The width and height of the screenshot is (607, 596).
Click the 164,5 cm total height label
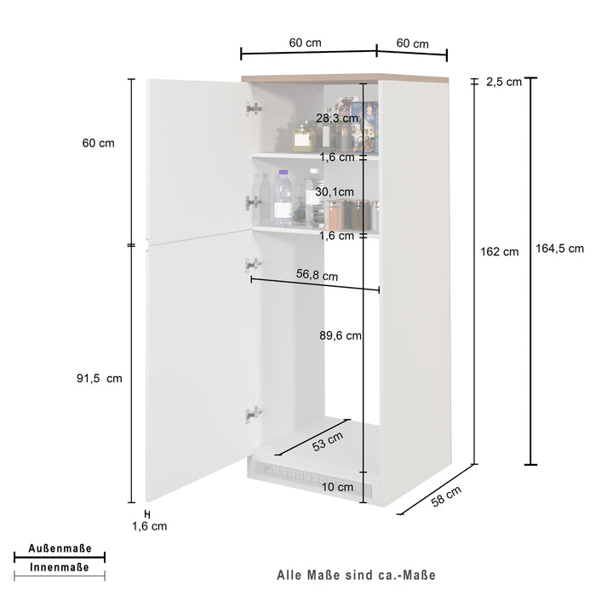pos(559,249)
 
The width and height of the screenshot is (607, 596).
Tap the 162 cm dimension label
pos(500,251)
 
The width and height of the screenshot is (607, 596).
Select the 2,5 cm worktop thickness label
pos(504,82)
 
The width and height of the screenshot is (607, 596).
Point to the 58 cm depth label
pos(446,495)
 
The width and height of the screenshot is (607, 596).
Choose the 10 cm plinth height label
pos(338,487)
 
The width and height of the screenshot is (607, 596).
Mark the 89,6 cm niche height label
pos(341,335)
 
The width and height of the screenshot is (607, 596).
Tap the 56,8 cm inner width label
pos(317,276)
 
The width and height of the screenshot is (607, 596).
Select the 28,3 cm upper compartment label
pos(337,118)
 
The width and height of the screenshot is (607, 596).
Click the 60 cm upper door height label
pos(98,143)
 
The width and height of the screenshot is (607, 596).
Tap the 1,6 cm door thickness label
pos(150,526)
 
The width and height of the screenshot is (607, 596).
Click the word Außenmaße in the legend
pos(60,549)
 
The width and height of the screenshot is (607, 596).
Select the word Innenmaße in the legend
pos(60,567)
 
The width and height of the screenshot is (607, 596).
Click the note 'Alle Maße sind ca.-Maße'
pos(356,576)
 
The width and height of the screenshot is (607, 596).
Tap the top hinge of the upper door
pos(253,109)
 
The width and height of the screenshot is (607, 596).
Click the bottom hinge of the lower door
pos(253,415)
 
